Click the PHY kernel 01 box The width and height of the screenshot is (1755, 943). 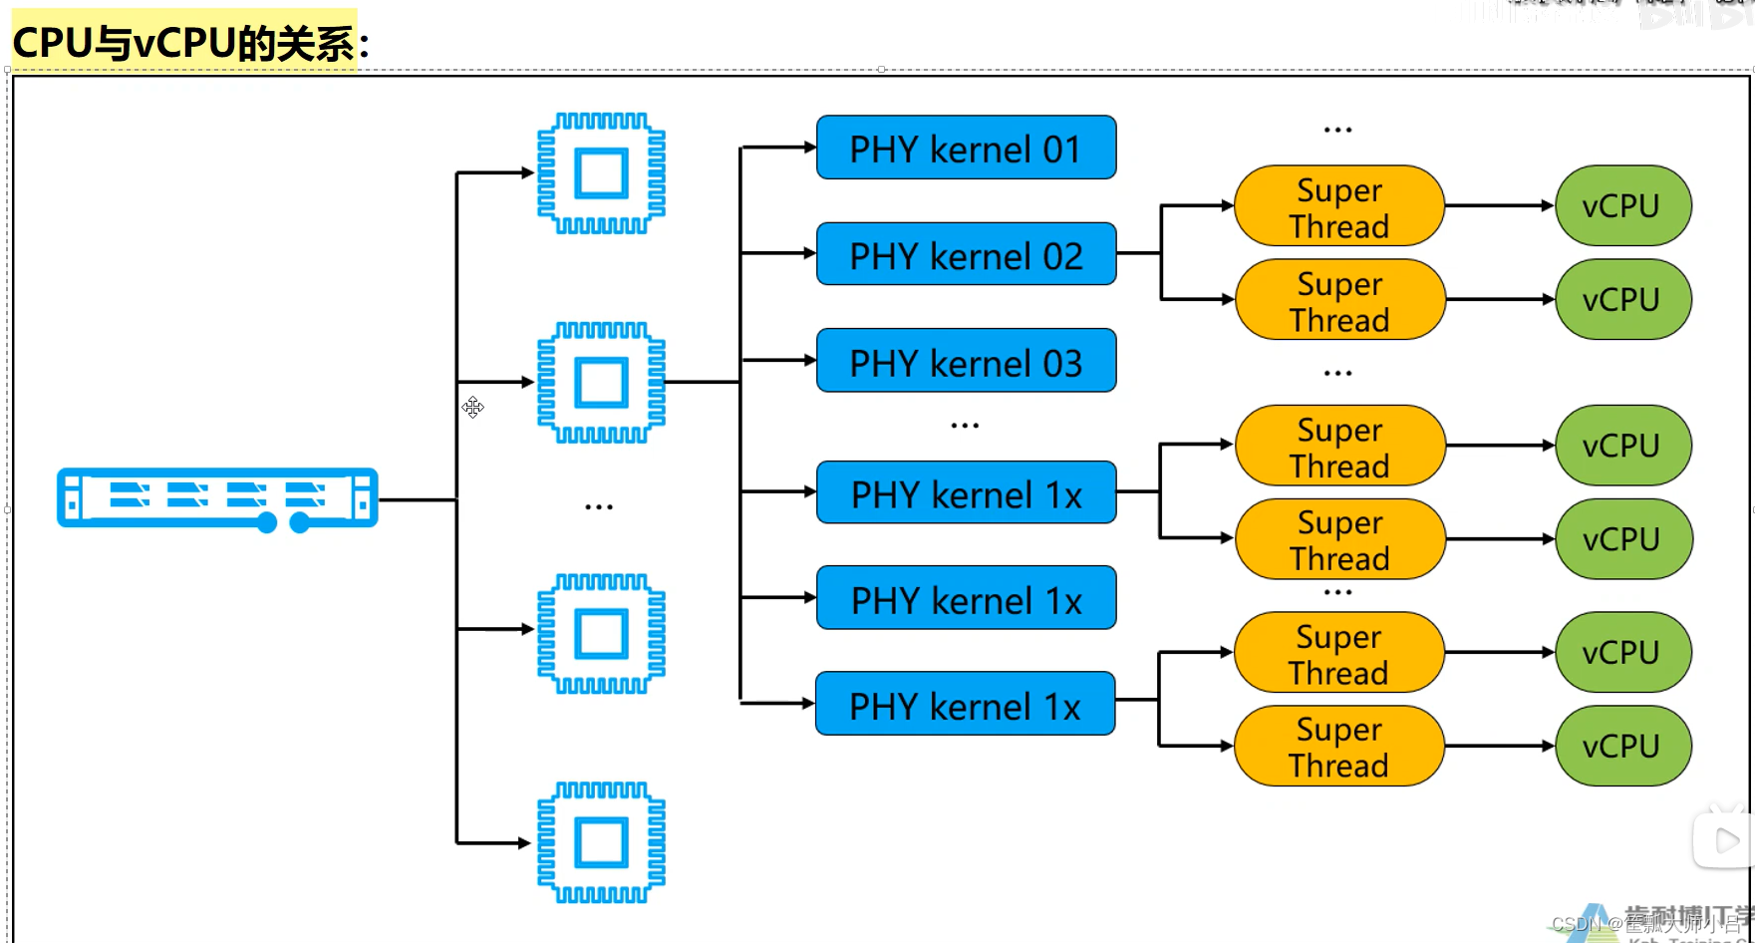pyautogui.click(x=966, y=149)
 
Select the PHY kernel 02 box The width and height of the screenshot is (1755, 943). pyautogui.click(x=966, y=255)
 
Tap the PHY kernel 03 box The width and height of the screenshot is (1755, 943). pyautogui.click(x=966, y=362)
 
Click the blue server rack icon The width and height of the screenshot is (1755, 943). pyautogui.click(x=217, y=498)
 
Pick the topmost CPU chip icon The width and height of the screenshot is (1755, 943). pyautogui.click(x=601, y=173)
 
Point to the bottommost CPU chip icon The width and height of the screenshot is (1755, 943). pyautogui.click(x=601, y=843)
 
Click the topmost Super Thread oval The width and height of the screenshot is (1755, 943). pyautogui.click(x=1339, y=206)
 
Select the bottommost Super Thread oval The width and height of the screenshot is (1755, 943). pyautogui.click(x=1338, y=747)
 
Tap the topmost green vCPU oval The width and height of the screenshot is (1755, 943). pyautogui.click(x=1622, y=206)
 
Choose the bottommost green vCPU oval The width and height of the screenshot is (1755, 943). pyautogui.click(x=1622, y=747)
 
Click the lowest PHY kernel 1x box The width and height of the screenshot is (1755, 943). pyautogui.click(x=965, y=705)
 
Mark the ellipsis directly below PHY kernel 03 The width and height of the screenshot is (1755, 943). pyautogui.click(x=965, y=426)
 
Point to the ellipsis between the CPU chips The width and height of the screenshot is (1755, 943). pyautogui.click(x=599, y=507)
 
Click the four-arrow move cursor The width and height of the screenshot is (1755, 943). pyautogui.click(x=472, y=407)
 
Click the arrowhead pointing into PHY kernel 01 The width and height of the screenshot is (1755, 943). pyautogui.click(x=809, y=148)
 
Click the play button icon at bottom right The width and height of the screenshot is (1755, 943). pyautogui.click(x=1725, y=840)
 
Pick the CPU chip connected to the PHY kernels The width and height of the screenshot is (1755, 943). pyautogui.click(x=601, y=383)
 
